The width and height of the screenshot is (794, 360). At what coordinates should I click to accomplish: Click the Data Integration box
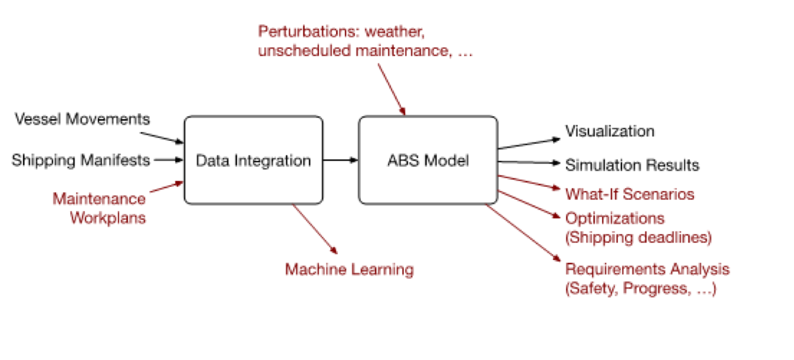tap(253, 160)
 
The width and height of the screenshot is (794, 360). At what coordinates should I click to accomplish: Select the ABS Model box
tap(428, 160)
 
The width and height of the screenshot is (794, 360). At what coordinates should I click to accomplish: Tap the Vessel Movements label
tap(82, 119)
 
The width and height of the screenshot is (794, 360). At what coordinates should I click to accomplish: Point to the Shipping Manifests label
tap(81, 160)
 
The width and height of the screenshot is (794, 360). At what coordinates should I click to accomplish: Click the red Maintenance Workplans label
tap(99, 208)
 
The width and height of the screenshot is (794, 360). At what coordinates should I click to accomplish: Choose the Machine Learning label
tap(349, 269)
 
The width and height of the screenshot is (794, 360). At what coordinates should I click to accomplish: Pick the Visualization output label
tap(610, 131)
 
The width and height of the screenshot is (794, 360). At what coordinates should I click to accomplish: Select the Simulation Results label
tap(632, 165)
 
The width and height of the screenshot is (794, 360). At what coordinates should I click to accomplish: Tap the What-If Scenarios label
tap(630, 194)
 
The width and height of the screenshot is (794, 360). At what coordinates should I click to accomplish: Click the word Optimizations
tap(615, 219)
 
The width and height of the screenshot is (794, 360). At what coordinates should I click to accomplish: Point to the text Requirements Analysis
tap(647, 269)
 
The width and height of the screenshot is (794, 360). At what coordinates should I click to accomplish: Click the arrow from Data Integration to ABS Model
tap(341, 160)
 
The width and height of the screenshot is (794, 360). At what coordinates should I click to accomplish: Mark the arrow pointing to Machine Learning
tap(314, 228)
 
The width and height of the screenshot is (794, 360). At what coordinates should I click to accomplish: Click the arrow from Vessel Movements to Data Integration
tap(162, 138)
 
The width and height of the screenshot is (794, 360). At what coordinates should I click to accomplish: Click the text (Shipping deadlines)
tap(638, 238)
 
